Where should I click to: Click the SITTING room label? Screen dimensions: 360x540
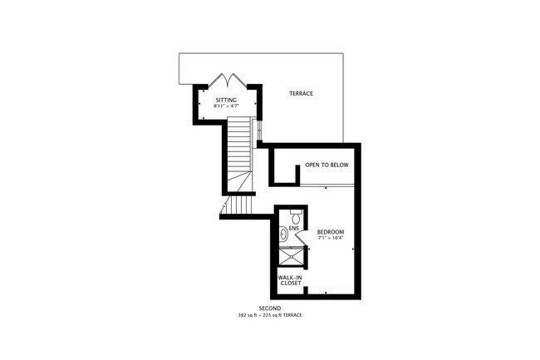click(225, 100)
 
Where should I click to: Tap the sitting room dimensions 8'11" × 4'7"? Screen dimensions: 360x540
click(225, 106)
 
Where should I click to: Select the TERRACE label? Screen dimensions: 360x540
click(301, 93)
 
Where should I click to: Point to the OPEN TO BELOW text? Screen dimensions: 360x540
click(326, 165)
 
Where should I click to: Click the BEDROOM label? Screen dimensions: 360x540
click(331, 231)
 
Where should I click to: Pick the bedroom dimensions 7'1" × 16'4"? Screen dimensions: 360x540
click(331, 238)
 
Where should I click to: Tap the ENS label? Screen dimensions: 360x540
click(293, 227)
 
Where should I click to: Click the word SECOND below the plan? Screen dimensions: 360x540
click(270, 308)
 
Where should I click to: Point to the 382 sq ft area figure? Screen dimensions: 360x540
click(250, 316)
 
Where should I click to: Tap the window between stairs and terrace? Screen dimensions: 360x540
click(260, 130)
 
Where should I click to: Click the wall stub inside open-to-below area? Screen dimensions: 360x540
click(296, 172)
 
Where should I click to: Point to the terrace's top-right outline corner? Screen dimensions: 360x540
click(342, 56)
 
